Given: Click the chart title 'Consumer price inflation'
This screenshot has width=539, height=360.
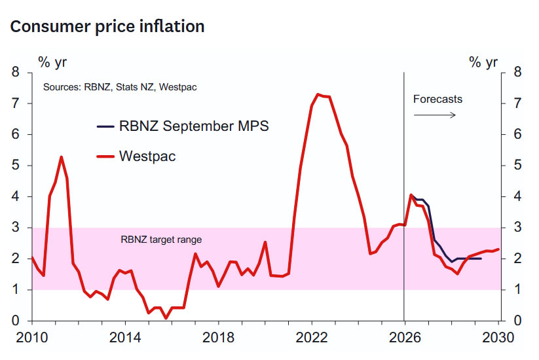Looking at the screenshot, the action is (107, 27).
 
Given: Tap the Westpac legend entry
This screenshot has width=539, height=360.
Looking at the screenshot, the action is (136, 156).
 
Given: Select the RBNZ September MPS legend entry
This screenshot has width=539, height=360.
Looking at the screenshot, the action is (183, 126).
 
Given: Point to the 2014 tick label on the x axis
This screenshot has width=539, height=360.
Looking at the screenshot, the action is (125, 337).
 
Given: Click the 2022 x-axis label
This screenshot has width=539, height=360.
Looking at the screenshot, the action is (312, 337).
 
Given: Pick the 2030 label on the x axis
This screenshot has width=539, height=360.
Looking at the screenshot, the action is (498, 337).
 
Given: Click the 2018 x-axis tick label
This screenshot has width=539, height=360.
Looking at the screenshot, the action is (218, 337).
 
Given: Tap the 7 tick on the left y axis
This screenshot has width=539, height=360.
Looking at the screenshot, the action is (16, 103).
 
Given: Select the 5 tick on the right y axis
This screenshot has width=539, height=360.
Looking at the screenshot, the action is (517, 165).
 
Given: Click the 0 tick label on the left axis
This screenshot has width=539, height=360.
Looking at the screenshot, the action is (16, 321).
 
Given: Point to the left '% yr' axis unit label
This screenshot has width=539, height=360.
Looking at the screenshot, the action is (52, 63).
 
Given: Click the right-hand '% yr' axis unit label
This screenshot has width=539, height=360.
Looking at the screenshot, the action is (483, 63).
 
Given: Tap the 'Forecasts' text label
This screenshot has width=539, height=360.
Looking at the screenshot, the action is (437, 99).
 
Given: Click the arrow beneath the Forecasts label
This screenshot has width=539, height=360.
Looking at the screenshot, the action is (434, 115).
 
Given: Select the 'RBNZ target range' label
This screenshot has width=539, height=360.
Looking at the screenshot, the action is (161, 240).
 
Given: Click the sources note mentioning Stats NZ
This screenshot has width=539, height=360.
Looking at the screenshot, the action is (120, 87).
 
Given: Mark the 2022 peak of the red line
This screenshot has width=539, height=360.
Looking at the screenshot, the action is (318, 94).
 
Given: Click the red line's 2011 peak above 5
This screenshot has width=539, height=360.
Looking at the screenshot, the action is (61, 157).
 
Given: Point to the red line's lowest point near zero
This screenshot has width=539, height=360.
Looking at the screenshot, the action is (166, 318).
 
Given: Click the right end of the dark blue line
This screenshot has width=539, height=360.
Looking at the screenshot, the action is (481, 259).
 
